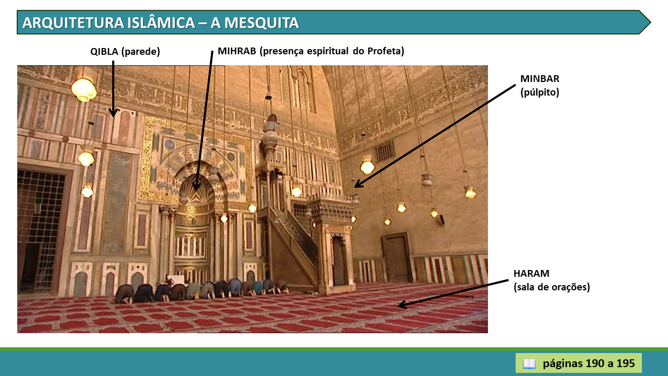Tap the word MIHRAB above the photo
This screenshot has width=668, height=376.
click(x=237, y=51)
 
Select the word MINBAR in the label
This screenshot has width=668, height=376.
click(x=540, y=79)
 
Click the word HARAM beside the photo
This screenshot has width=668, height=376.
click(x=531, y=273)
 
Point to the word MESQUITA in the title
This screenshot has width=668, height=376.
click(x=261, y=22)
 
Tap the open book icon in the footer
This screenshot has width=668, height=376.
click(x=529, y=364)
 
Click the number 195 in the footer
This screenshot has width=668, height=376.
click(x=626, y=363)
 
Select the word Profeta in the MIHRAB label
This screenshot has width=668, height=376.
click(x=385, y=51)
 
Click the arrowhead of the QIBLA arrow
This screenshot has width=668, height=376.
click(x=113, y=113)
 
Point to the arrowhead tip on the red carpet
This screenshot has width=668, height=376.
click(x=398, y=305)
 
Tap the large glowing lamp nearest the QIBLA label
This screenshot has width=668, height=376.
click(x=84, y=89)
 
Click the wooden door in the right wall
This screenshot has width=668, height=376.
click(x=397, y=258)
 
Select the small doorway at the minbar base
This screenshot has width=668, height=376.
click(x=339, y=261)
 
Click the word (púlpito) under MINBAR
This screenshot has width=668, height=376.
click(x=540, y=92)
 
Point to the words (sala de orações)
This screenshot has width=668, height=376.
click(x=552, y=287)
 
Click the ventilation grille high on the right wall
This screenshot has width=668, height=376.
click(x=385, y=152)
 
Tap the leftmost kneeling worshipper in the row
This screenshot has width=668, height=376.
click(x=125, y=294)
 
